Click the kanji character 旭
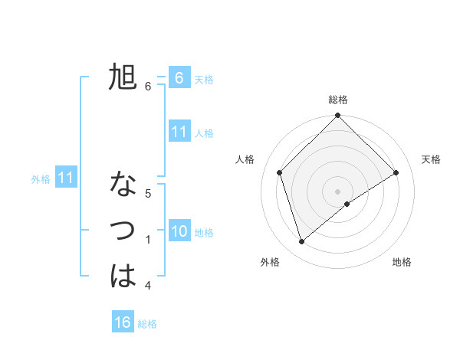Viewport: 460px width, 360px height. pyautogui.click(x=123, y=77)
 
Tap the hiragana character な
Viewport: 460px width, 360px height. pyautogui.click(x=123, y=185)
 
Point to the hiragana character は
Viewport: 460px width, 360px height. pyautogui.click(x=123, y=277)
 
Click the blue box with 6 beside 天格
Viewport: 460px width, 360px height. pyautogui.click(x=179, y=78)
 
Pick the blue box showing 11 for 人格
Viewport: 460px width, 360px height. pyautogui.click(x=179, y=132)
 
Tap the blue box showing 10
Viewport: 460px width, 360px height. pyautogui.click(x=179, y=231)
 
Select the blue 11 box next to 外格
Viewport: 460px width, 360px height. pyautogui.click(x=65, y=178)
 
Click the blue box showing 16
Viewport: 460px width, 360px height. pyautogui.click(x=123, y=322)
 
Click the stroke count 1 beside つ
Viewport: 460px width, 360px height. pyautogui.click(x=148, y=240)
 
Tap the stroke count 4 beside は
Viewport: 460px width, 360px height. pyautogui.click(x=148, y=286)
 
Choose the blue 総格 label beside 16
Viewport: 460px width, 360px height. pyautogui.click(x=147, y=324)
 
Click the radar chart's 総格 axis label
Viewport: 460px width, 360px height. pyautogui.click(x=337, y=100)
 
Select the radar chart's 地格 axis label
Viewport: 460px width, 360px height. pyautogui.click(x=402, y=263)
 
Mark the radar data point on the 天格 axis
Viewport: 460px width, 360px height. pyautogui.click(x=396, y=172)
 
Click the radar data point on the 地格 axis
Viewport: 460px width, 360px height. pyautogui.click(x=347, y=204)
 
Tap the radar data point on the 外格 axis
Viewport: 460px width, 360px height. pyautogui.click(x=301, y=242)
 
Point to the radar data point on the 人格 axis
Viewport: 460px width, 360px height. pyautogui.click(x=279, y=172)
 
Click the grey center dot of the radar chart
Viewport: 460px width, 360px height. pyautogui.click(x=337, y=191)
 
